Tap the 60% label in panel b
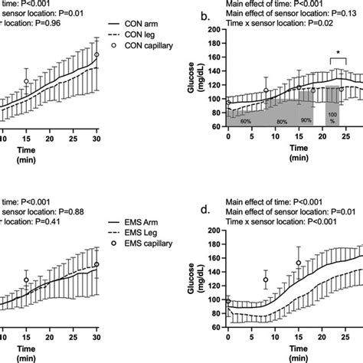(x=246, y=122)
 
